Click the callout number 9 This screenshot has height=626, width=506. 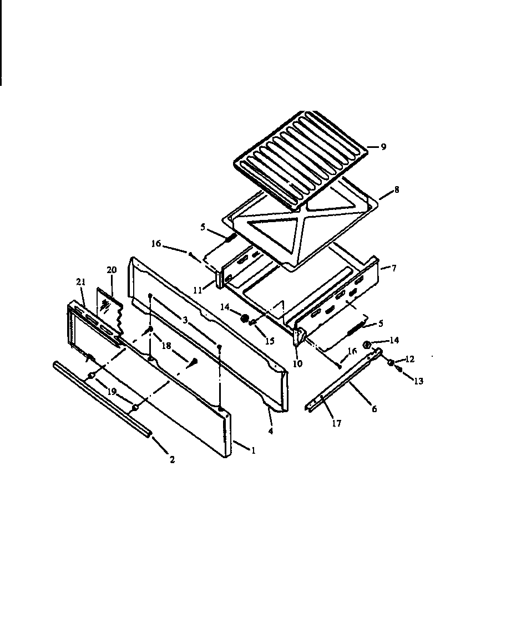[x=383, y=147]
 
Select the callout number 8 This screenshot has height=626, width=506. [x=396, y=189]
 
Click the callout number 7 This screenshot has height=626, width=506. [x=393, y=268]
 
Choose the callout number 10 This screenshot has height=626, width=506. [x=297, y=364]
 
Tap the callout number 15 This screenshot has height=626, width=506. [x=269, y=341]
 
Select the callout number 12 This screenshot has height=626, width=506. [x=409, y=360]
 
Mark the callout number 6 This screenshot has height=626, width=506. [x=374, y=409]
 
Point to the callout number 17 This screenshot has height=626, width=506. [x=336, y=424]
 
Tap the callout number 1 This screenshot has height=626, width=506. [x=252, y=450]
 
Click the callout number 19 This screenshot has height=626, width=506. [x=112, y=391]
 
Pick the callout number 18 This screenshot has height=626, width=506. [x=165, y=345]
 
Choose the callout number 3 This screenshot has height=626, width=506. [x=185, y=320]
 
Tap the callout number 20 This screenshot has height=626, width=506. [x=112, y=269]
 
